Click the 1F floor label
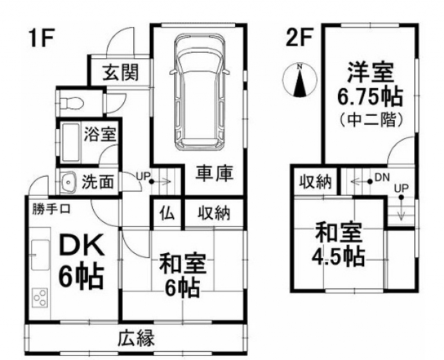point(42,37)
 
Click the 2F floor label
point(299,37)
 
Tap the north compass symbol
point(300,80)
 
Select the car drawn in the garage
point(198,92)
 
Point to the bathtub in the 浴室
point(69,142)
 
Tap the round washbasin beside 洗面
point(68,182)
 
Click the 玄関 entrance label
point(121,72)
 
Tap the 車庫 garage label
point(214,173)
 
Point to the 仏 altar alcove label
point(168,213)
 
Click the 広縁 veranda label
point(136,338)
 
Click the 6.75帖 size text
point(370,96)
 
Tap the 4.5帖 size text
point(338,256)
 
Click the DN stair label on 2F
point(382,177)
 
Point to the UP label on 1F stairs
point(143,176)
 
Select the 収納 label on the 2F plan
point(316,181)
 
